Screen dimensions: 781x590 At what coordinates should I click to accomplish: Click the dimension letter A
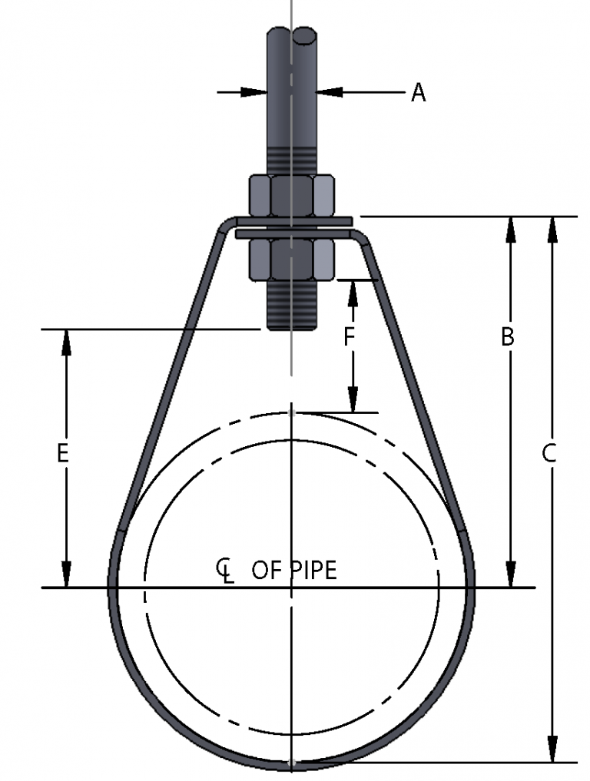[418, 92]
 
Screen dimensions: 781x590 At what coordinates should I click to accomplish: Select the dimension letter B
[507, 336]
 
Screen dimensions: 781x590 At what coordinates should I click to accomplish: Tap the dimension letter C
[549, 453]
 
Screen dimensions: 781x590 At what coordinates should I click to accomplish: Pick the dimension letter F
[349, 336]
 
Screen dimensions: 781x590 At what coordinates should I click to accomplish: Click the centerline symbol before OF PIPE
[224, 571]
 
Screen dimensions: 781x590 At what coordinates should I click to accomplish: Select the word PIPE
[313, 571]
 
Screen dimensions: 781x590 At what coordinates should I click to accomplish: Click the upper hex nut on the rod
[292, 195]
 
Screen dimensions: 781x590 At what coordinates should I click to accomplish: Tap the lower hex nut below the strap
[292, 260]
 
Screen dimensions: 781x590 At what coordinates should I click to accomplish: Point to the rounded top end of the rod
[292, 35]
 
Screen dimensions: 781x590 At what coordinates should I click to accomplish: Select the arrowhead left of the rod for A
[254, 92]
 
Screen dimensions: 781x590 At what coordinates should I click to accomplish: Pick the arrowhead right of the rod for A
[329, 92]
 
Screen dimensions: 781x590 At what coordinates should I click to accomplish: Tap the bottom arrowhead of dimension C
[552, 750]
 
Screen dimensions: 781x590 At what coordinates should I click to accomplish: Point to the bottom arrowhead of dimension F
[353, 400]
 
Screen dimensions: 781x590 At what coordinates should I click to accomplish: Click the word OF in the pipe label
[267, 571]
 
